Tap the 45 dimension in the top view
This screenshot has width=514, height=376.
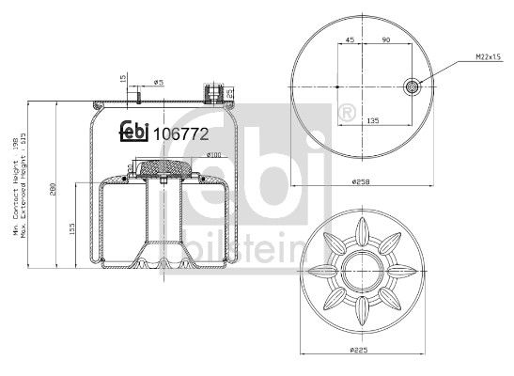point(350,40)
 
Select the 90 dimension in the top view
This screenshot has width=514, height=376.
point(386,40)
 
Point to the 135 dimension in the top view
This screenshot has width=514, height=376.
point(372,121)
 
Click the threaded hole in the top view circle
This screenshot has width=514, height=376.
point(412,87)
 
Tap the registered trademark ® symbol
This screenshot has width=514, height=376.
point(345,116)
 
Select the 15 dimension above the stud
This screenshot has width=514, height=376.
point(122,80)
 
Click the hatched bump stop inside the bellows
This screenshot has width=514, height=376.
point(164,169)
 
